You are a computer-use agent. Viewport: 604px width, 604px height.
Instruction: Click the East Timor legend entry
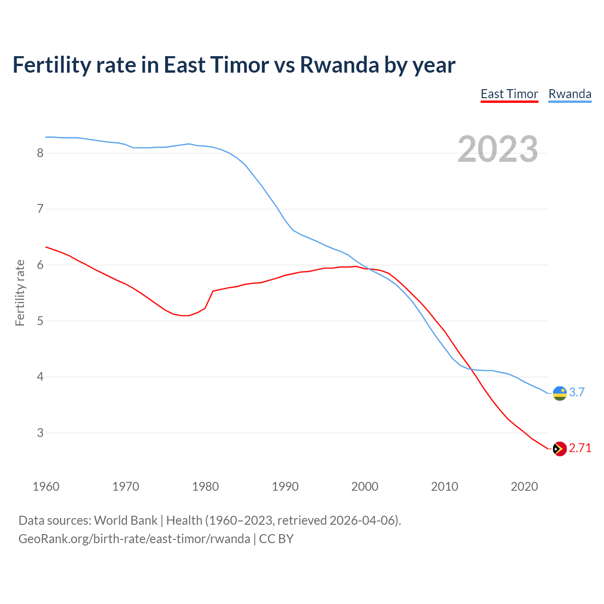point(509,94)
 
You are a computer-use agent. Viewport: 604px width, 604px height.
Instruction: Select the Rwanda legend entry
point(570,94)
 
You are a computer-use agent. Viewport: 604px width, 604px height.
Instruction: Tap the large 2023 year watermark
point(497,149)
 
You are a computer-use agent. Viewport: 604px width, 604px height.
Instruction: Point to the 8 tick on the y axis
point(40,153)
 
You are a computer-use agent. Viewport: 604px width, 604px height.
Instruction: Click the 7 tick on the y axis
point(40,209)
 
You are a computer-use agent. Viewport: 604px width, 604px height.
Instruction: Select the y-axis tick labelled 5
point(40,321)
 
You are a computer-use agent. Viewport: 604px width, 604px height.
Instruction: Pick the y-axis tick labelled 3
point(40,433)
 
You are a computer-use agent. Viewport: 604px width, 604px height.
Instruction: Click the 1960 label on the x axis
point(46,487)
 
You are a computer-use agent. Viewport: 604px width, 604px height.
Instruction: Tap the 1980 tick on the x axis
point(205,487)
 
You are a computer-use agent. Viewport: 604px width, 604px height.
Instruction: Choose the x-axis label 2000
point(365,487)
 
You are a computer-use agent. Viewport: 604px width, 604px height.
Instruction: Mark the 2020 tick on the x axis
point(524,487)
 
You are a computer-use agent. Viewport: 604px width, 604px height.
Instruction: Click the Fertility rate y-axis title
point(20,293)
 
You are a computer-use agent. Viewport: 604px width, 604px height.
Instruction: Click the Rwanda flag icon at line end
point(559,393)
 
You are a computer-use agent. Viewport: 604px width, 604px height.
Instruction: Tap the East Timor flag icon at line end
point(559,449)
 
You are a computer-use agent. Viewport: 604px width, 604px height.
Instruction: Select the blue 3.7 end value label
point(577,392)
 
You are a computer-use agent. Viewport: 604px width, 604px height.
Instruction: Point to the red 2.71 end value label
point(580,448)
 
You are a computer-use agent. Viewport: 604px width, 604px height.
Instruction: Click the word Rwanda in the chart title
point(339,65)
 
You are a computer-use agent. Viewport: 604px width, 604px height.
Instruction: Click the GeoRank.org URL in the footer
point(134,539)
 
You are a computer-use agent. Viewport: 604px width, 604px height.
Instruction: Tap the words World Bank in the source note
point(126,520)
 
